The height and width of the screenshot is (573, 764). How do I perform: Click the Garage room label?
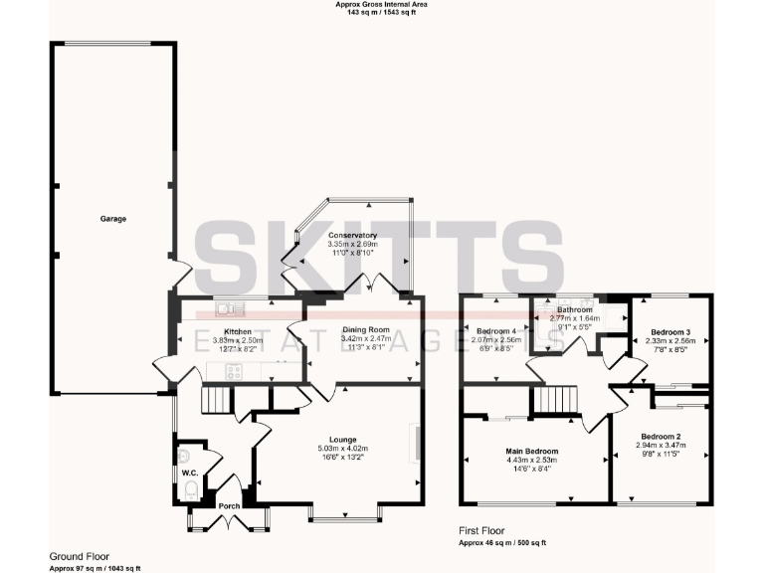(112, 218)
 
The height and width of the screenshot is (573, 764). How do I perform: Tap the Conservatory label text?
(353, 235)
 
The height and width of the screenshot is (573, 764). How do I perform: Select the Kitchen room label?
(238, 331)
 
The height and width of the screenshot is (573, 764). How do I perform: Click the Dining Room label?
(364, 329)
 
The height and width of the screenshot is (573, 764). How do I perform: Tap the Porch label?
(229, 505)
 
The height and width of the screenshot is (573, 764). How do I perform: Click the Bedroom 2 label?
(661, 437)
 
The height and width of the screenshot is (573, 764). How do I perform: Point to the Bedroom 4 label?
(496, 330)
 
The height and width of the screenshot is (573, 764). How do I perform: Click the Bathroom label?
(574, 309)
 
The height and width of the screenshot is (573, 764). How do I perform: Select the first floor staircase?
(554, 399)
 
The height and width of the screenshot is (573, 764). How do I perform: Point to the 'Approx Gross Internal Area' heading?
(382, 5)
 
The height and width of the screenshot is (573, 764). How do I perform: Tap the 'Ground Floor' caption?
(80, 556)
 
